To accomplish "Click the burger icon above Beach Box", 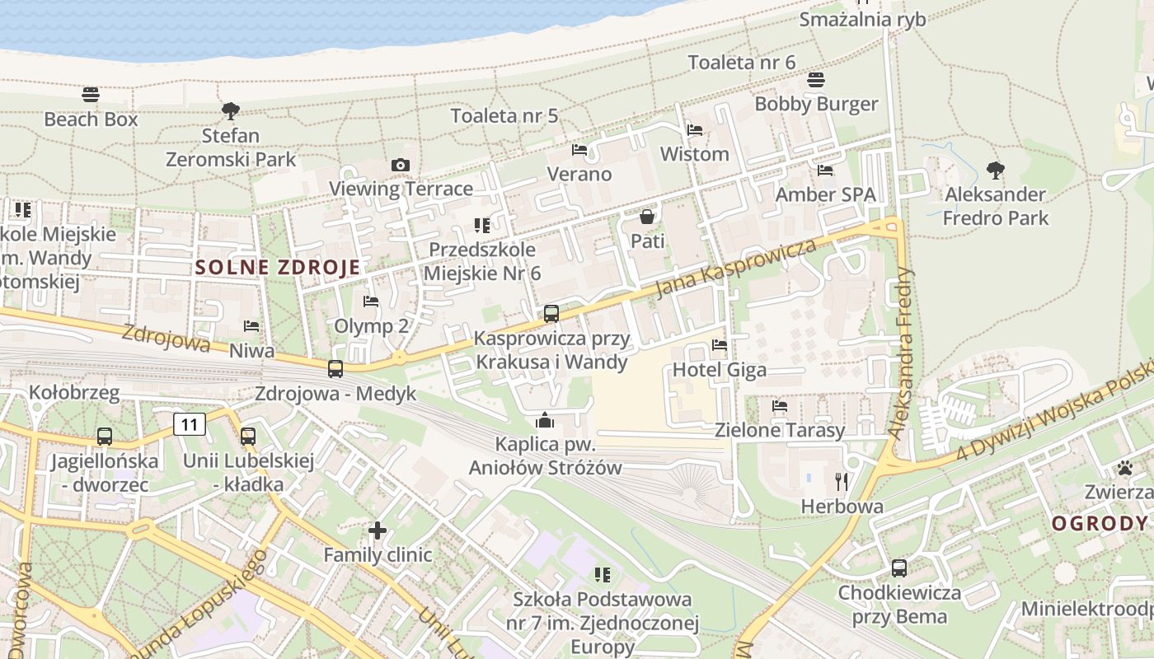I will [91, 95].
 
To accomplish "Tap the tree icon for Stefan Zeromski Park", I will [231, 110].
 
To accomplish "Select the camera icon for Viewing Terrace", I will [401, 165].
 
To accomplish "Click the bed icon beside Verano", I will [579, 150].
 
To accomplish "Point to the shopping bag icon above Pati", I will [647, 217].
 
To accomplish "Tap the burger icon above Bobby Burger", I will [816, 80].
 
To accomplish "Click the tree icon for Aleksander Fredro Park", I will [995, 171].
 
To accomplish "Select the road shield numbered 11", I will [190, 424].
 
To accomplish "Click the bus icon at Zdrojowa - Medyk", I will [335, 369].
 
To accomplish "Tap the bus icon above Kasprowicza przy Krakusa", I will [551, 314].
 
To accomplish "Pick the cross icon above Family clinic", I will [378, 530].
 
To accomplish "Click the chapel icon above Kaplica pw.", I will [544, 420].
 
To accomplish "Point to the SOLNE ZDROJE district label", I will [278, 267].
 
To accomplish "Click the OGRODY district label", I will [1099, 523].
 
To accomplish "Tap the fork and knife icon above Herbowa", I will [842, 482].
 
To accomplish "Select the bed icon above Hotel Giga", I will [720, 345].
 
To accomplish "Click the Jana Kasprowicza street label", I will [735, 268].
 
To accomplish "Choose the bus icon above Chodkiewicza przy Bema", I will [899, 568].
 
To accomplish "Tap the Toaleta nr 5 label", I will [504, 115].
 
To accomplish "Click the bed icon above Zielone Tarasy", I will [779, 406].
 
